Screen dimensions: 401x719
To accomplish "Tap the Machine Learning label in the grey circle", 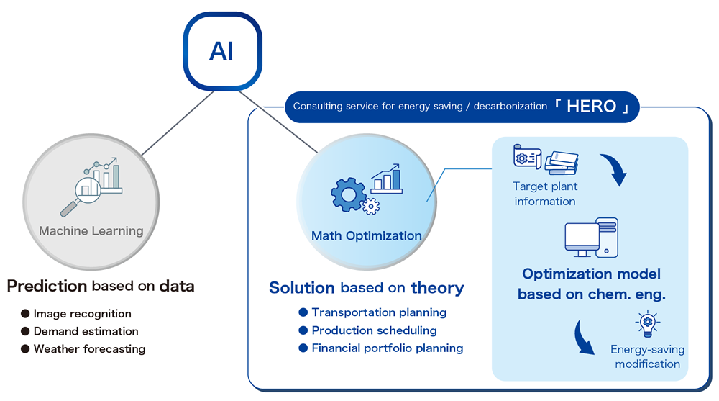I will coord(91,231).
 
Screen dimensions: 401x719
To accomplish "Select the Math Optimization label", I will coord(367,235).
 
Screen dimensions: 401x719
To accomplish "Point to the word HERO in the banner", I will coord(591,107).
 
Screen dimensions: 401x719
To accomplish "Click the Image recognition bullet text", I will coord(82,314).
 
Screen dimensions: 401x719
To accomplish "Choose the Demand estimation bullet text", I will coord(86,331).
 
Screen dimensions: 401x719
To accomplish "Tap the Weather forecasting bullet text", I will coord(89,349).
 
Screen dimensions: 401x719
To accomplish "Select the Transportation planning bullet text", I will coord(379,312).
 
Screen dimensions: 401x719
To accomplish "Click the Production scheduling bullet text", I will coord(374,330).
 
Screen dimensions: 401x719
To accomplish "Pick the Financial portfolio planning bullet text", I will coord(387,348).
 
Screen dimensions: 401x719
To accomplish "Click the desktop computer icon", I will coord(591,238).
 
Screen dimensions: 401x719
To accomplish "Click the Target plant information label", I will coord(544,194).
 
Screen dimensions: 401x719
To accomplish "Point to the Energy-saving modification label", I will coord(647,356).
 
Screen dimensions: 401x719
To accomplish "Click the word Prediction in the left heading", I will coord(47,286).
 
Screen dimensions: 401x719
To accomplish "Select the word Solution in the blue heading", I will coord(302,288).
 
